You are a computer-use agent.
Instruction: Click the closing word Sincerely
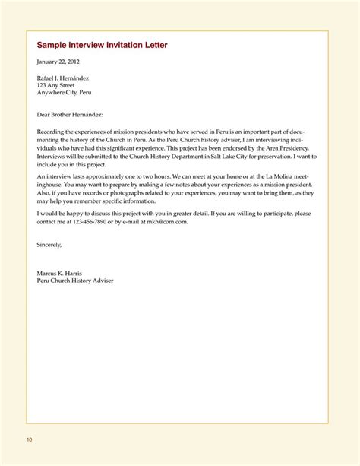[49, 245]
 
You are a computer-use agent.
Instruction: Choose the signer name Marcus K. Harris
[63, 271]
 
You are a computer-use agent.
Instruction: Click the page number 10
[29, 439]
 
